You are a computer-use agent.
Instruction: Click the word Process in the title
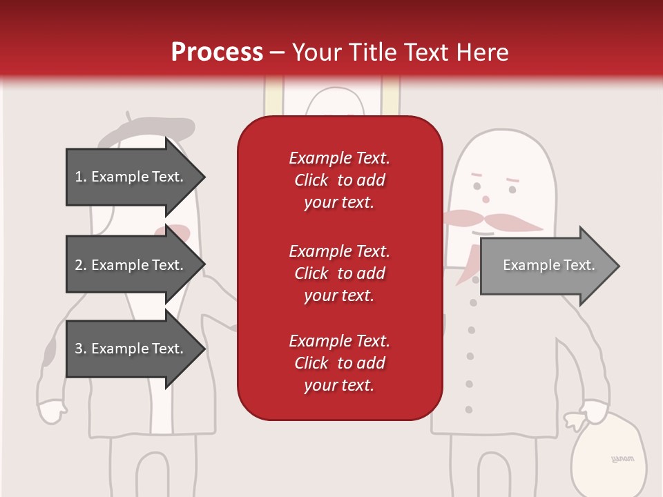pyautogui.click(x=217, y=52)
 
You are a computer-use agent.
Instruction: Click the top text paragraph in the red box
pyautogui.click(x=340, y=180)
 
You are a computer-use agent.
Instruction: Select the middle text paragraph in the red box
pyautogui.click(x=340, y=273)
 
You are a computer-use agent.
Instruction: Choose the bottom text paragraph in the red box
pyautogui.click(x=340, y=363)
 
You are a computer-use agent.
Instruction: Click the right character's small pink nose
pyautogui.click(x=486, y=199)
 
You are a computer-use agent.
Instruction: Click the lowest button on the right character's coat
pyautogui.click(x=469, y=409)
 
